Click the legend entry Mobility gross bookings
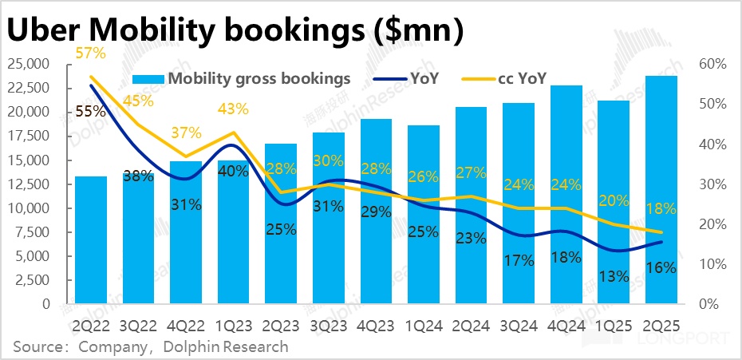pos(248,78)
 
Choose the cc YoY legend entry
pos(522,78)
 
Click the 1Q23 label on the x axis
pos(233,326)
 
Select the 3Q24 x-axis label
pos(519,326)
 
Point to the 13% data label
pos(614,277)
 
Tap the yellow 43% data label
pos(233,109)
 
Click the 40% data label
pos(234,170)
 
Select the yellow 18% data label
pos(661,209)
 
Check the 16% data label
pos(661,268)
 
